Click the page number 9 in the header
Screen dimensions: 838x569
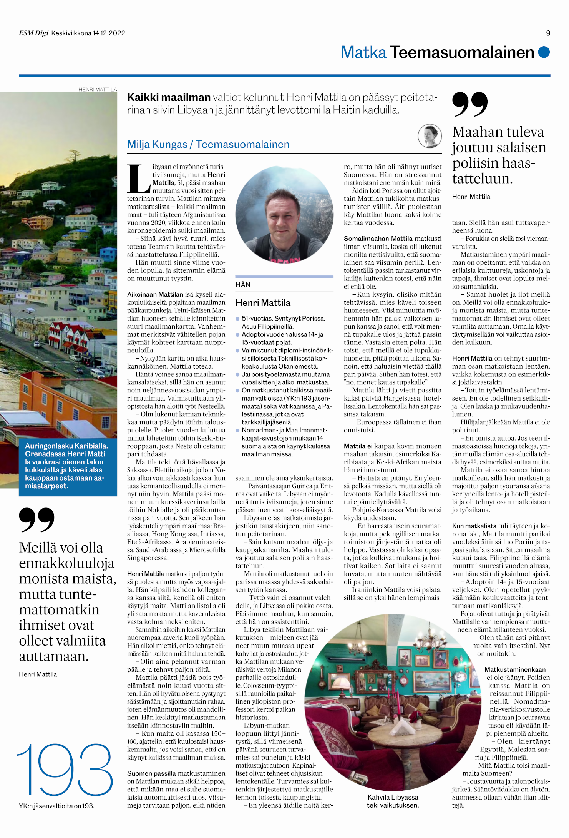(548, 33)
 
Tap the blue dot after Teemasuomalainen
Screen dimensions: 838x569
(544, 52)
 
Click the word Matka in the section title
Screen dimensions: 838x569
(363, 52)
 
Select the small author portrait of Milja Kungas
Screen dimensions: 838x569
(430, 136)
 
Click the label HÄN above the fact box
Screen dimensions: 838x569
(243, 285)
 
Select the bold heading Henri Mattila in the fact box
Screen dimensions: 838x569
(263, 303)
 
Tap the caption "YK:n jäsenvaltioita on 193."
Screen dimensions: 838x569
(56, 806)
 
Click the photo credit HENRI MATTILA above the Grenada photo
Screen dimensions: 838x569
(98, 89)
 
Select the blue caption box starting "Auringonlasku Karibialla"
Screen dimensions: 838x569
(68, 466)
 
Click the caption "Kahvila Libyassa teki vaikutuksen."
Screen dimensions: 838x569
(393, 801)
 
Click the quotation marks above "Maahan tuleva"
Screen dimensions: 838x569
(469, 104)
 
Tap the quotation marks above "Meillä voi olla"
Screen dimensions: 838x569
(36, 519)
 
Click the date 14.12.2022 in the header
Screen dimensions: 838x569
(109, 33)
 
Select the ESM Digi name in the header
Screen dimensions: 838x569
(34, 33)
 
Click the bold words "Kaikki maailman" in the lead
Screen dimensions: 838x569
(169, 97)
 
